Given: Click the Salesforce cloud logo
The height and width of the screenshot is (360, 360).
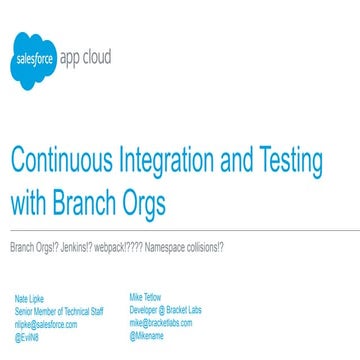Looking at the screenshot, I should [30, 59].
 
